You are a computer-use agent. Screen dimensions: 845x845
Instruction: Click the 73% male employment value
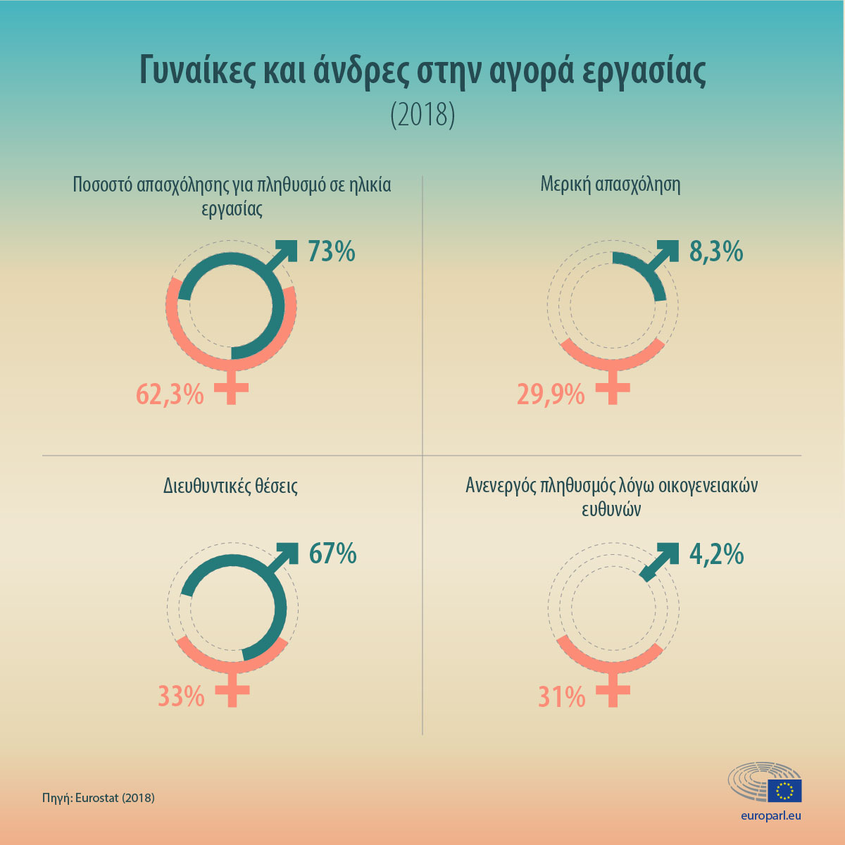tap(331, 251)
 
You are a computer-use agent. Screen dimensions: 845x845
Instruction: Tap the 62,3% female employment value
tap(170, 394)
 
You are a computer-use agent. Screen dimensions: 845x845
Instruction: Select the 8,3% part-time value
tap(716, 251)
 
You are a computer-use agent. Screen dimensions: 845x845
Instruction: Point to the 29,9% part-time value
tap(551, 394)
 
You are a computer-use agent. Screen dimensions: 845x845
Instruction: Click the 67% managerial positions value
tap(332, 554)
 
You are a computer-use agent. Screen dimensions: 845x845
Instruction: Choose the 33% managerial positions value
tap(181, 697)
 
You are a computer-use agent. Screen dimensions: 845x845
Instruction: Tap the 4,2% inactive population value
tap(716, 554)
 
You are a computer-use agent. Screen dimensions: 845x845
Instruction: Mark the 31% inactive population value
tap(562, 697)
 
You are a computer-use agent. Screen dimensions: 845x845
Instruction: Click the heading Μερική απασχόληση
tap(611, 184)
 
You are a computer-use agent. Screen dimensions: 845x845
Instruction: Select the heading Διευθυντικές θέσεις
tap(230, 486)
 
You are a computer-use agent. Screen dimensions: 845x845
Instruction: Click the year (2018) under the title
tap(423, 115)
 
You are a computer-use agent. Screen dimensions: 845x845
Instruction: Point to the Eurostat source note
tap(98, 798)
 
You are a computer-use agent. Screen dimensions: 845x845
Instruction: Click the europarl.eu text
tap(771, 816)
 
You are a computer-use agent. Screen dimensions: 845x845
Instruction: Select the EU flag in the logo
tap(784, 791)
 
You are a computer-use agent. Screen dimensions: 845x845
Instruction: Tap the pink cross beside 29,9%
tap(612, 389)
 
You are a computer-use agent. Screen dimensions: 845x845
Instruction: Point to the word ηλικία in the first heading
tap(367, 184)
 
